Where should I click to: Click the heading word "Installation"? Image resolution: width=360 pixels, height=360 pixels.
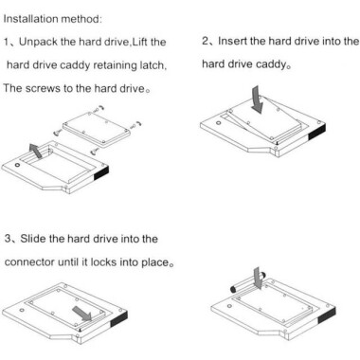point(35,17)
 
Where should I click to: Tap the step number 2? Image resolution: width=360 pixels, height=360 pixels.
point(206,42)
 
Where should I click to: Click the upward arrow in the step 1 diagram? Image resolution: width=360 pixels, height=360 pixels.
point(35,150)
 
